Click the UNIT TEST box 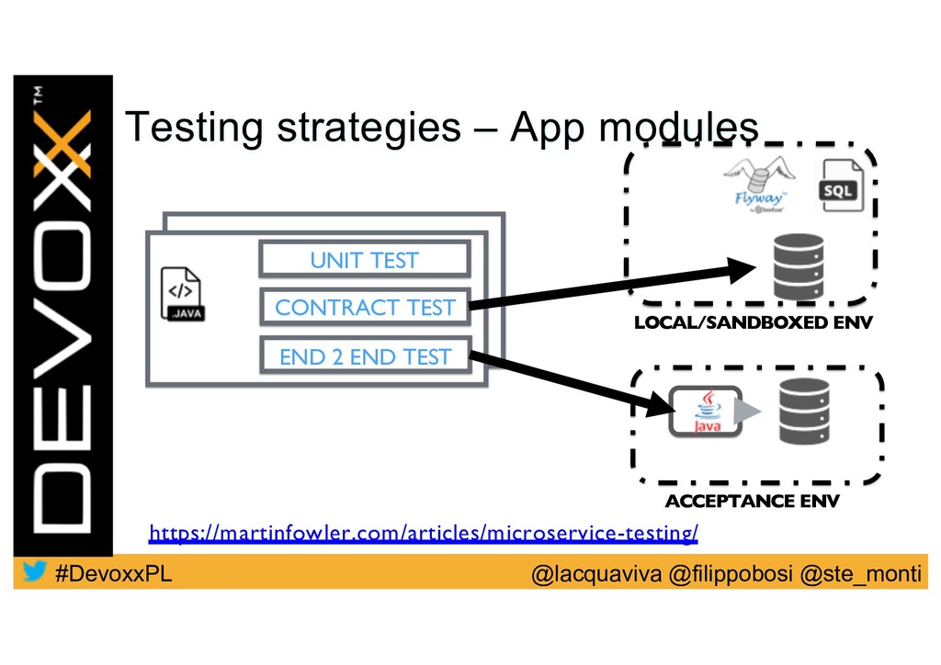364,260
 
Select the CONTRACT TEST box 365,308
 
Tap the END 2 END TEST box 365,356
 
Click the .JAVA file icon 181,295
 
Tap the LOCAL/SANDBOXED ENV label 752,322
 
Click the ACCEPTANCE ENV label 752,501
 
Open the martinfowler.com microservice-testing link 424,532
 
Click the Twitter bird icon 35,573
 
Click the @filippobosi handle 731,575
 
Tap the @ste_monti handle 860,575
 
